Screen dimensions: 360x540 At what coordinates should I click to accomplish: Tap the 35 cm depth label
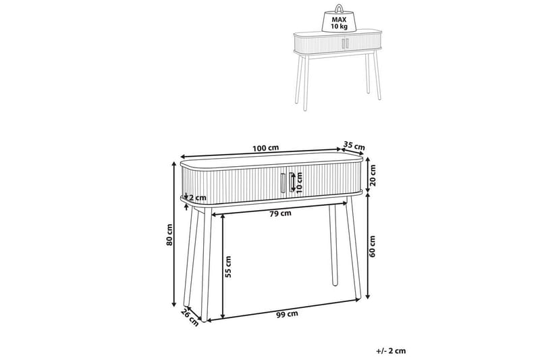tap(354, 146)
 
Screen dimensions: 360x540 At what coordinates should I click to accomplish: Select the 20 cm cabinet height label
tap(373, 178)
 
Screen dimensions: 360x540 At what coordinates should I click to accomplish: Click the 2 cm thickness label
tap(199, 198)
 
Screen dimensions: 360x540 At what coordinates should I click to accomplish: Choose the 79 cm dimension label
tap(279, 214)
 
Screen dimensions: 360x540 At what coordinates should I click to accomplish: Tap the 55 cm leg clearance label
tap(228, 267)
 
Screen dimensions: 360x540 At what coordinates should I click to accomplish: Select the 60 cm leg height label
tap(373, 247)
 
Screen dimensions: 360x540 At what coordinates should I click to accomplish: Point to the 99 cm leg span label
tap(288, 314)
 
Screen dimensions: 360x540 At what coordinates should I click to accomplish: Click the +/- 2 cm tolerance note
tap(391, 350)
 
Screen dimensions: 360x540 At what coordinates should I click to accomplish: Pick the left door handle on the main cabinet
tap(282, 182)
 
